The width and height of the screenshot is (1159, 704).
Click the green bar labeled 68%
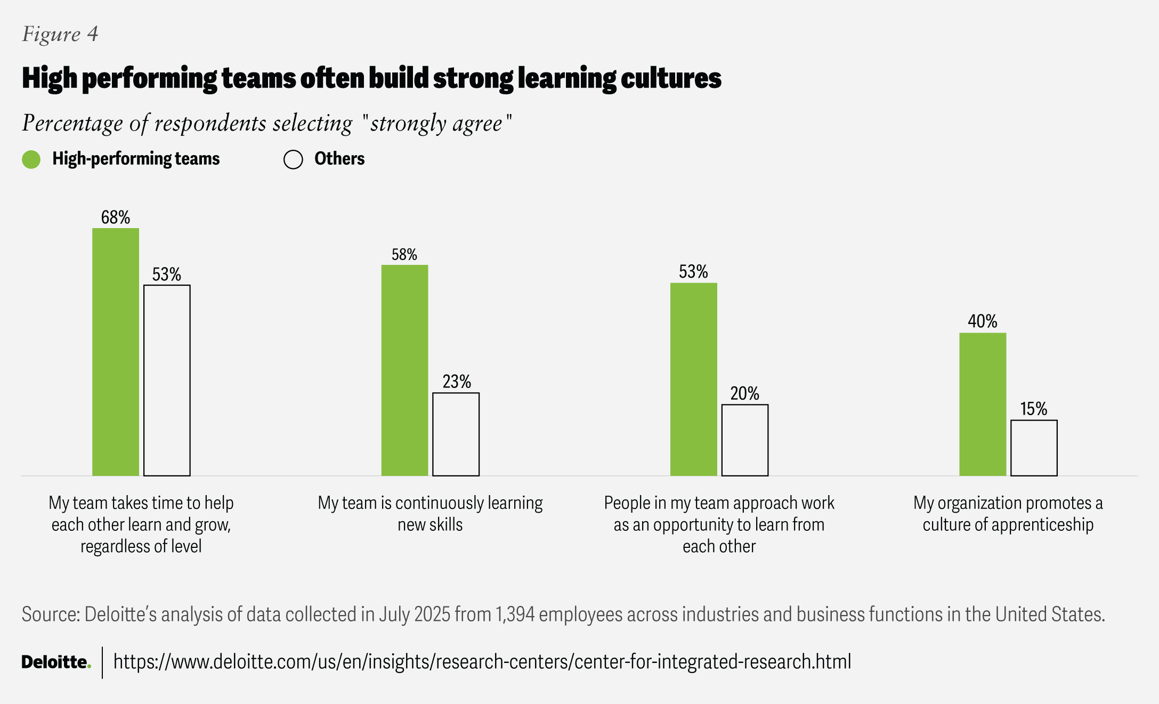tap(116, 352)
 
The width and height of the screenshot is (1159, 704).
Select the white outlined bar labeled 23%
tap(456, 434)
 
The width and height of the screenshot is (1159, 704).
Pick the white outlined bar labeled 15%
tap(1034, 448)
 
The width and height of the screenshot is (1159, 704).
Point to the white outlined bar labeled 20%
tap(745, 440)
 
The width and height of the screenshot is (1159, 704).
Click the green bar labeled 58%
tap(404, 370)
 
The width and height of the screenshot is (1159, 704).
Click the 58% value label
tap(404, 255)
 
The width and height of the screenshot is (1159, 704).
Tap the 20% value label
tap(745, 394)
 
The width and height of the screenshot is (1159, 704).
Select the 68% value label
tap(116, 217)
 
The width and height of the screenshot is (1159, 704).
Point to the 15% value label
tap(1034, 409)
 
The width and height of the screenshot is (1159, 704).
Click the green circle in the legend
tap(31, 159)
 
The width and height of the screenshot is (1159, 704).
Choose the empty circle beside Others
tap(293, 159)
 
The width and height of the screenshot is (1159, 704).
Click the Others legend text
tap(339, 159)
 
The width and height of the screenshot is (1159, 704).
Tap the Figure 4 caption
tap(60, 34)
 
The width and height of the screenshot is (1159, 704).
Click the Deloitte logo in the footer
tap(56, 662)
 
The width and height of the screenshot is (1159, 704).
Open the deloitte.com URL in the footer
tap(482, 662)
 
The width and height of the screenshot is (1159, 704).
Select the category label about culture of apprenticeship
tap(1008, 514)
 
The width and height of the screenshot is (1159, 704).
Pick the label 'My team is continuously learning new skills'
tap(430, 514)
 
